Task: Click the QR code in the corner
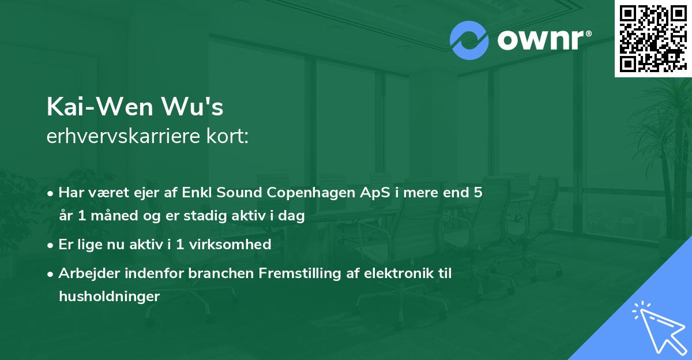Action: point(653,39)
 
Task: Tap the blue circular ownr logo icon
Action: point(469,40)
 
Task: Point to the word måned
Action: point(112,216)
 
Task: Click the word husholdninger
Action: point(108,296)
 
